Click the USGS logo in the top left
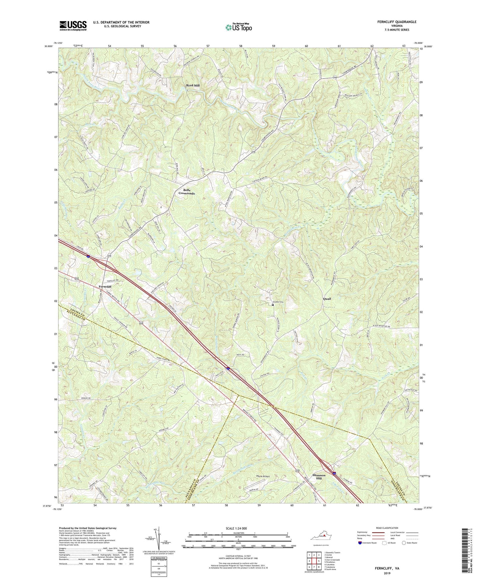coord(73,26)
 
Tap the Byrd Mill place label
coord(193,85)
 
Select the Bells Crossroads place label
coord(186,192)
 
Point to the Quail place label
coord(327,299)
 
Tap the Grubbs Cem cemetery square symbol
coord(273,305)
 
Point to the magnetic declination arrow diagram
coord(158,535)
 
